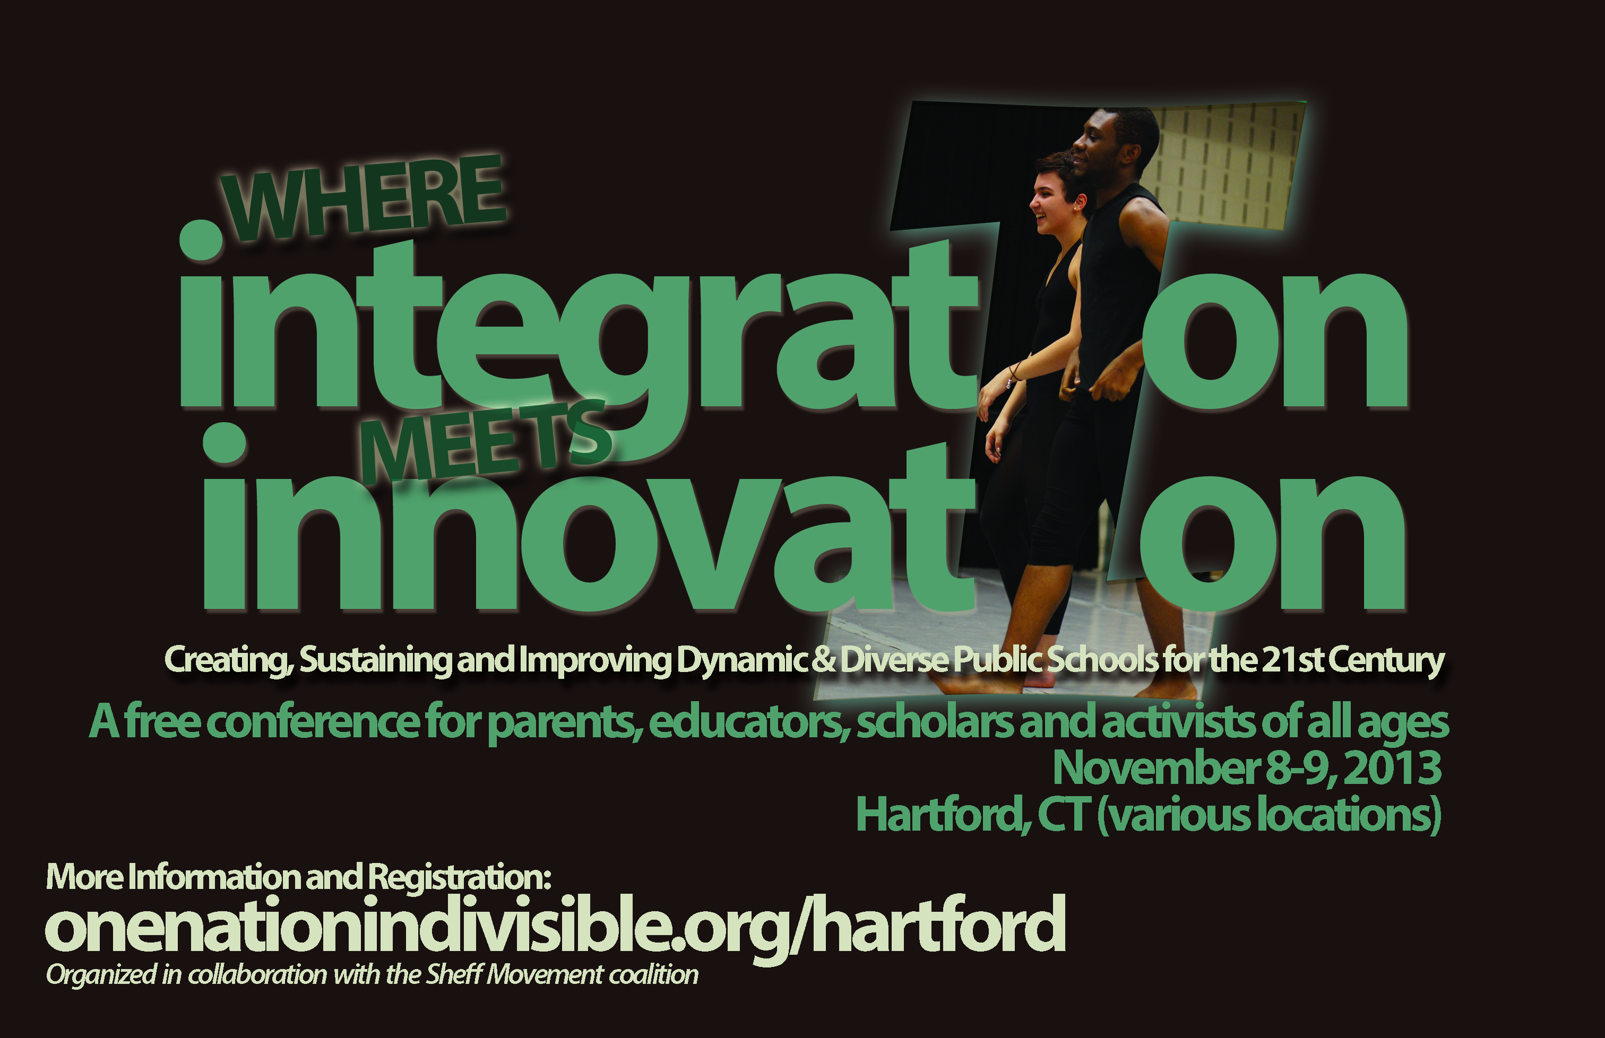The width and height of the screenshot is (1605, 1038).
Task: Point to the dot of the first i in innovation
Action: click(x=225, y=443)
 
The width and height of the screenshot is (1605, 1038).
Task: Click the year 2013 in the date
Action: click(x=1393, y=769)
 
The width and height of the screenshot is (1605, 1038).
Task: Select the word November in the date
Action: click(x=1156, y=769)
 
